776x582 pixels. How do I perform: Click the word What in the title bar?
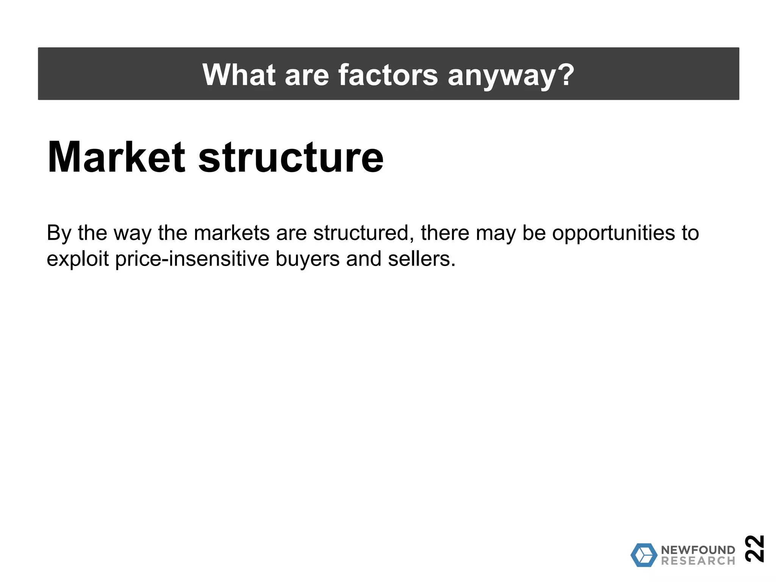[x=239, y=75]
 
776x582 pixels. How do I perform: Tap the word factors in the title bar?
[x=388, y=75]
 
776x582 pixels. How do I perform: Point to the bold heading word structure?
[x=291, y=157]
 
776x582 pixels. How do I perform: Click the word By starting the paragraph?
[x=59, y=233]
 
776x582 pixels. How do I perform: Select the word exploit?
[x=78, y=260]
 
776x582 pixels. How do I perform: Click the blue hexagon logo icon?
[x=644, y=555]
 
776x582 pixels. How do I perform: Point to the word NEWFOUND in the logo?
[x=698, y=550]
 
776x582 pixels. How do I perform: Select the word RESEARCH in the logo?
[x=698, y=561]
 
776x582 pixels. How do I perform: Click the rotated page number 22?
[x=754, y=548]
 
